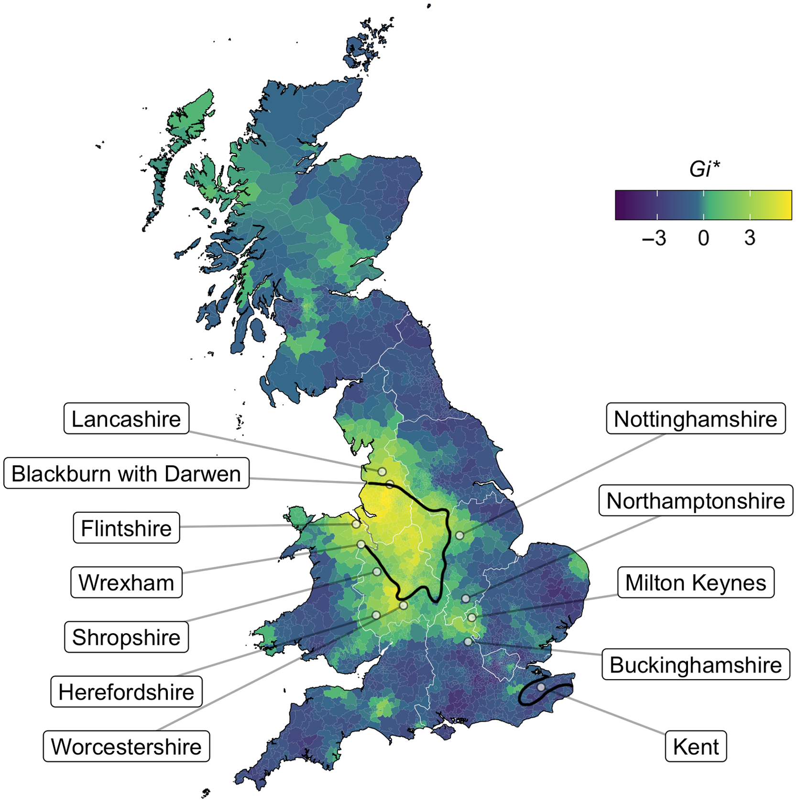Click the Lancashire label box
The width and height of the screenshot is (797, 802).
(x=126, y=419)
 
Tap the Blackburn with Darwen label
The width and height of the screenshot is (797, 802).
(x=126, y=473)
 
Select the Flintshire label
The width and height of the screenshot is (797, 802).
(x=126, y=528)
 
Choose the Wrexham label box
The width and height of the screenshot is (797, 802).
(x=126, y=582)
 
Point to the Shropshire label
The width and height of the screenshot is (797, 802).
(x=126, y=637)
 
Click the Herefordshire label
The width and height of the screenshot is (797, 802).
(x=126, y=692)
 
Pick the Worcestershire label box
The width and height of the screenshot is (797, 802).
(x=126, y=746)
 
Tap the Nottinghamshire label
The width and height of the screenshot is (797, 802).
(x=696, y=419)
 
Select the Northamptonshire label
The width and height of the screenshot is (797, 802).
(x=696, y=501)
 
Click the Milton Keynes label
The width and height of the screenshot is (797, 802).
(x=696, y=582)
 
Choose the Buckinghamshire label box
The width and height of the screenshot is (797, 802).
(x=696, y=665)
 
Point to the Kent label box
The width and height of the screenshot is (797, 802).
(x=696, y=746)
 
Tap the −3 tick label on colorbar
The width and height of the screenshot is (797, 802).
(x=654, y=238)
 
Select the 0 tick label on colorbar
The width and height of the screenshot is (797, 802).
(x=703, y=238)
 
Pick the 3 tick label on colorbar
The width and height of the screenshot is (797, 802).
(x=750, y=238)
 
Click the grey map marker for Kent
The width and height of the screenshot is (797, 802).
(x=541, y=687)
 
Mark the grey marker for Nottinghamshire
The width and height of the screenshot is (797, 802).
(x=459, y=536)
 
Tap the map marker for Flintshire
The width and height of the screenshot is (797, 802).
(x=356, y=525)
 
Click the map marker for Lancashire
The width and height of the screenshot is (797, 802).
(x=382, y=472)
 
